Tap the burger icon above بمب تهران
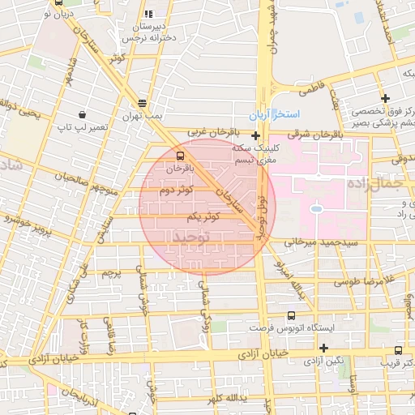click(143, 103)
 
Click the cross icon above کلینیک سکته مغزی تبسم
click(255, 135)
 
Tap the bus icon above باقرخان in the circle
click(179, 156)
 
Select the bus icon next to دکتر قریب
click(397, 350)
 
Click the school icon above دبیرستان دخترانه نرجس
click(148, 14)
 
